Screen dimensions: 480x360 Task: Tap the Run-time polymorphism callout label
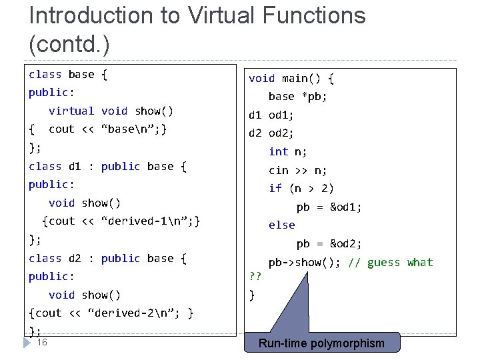(x=321, y=343)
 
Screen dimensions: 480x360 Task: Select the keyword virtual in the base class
(x=71, y=111)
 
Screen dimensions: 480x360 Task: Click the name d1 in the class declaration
(x=75, y=166)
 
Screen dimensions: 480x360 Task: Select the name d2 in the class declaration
(x=75, y=258)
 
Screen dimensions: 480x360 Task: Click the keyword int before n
(x=279, y=151)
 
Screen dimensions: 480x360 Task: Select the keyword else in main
(x=281, y=225)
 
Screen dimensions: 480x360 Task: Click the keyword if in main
(x=275, y=189)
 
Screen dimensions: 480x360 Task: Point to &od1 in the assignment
(x=346, y=207)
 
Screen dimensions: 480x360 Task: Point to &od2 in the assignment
(x=346, y=244)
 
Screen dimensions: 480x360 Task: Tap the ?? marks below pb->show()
(x=254, y=276)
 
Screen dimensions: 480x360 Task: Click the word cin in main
(x=279, y=170)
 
